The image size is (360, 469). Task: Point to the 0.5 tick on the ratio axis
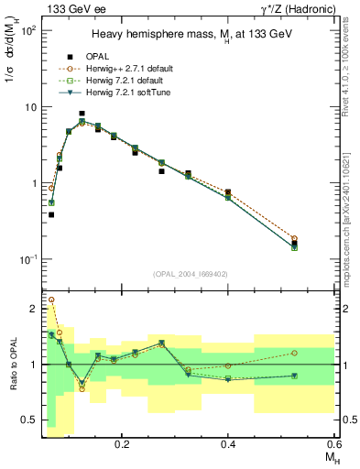coord(29,420)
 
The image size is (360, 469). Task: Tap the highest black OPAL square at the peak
coord(82,114)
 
